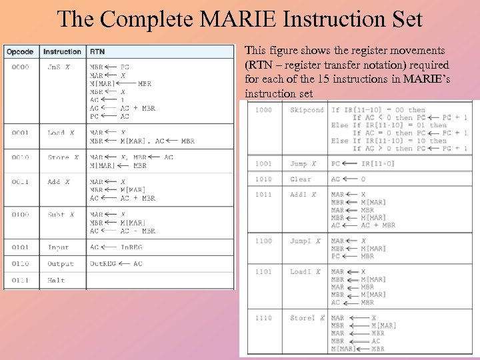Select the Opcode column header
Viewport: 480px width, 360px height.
tap(20, 51)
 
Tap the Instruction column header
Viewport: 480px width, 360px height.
tap(62, 51)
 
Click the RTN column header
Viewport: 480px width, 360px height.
tap(97, 51)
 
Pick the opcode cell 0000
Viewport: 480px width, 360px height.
tap(19, 67)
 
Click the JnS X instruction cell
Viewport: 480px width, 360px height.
tap(59, 67)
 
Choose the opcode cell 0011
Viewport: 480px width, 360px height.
tap(19, 182)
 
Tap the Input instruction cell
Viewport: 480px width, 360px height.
tap(58, 247)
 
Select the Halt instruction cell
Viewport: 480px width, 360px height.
tap(56, 281)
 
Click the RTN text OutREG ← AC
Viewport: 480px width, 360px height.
tap(116, 264)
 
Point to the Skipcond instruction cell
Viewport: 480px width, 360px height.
tap(307, 110)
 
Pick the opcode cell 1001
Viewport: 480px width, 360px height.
tap(263, 163)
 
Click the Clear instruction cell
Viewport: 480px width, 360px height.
tap(300, 179)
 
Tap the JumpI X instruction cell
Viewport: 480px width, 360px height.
tap(305, 241)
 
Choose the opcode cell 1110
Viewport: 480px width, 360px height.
tap(263, 318)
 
